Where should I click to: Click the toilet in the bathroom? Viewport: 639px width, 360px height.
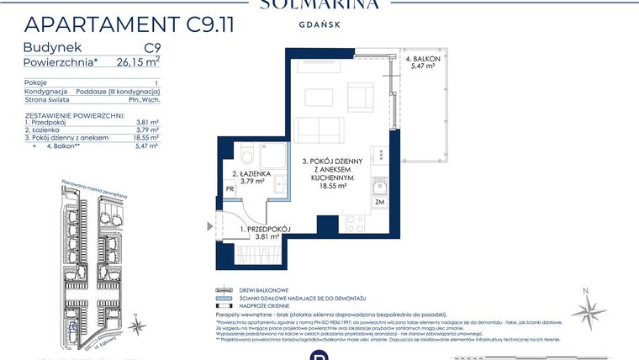click(246, 158)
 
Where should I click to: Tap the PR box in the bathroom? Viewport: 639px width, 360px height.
click(230, 190)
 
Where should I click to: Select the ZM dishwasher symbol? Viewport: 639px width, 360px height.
click(379, 202)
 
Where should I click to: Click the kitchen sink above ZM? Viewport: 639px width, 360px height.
click(378, 185)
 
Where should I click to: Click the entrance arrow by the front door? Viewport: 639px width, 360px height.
click(210, 225)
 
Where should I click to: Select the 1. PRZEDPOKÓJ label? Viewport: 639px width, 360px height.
click(266, 229)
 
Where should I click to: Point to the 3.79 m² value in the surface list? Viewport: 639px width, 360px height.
click(148, 130)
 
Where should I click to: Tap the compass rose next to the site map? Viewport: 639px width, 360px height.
click(589, 309)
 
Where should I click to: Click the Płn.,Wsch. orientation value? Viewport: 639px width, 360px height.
click(145, 100)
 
